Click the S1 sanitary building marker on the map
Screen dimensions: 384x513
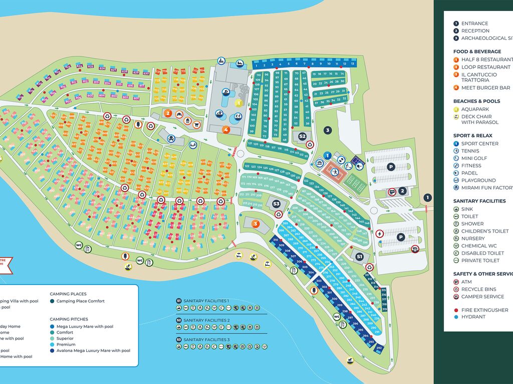359,256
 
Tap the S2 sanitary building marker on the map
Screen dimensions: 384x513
302,136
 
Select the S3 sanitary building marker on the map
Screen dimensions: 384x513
276,203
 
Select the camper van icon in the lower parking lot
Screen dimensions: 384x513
415,248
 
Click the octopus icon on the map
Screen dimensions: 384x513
171,138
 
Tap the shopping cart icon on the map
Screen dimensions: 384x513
196,125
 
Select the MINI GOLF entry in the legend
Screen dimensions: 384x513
474,158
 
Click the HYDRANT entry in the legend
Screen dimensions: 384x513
473,316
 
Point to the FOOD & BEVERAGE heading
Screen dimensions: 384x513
477,51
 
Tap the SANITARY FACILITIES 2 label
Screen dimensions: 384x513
206,320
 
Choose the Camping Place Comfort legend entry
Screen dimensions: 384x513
80,301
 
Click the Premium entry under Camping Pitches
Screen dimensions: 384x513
66,344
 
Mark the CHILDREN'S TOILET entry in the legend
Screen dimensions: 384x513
484,231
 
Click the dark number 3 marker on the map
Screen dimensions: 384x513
328,130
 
